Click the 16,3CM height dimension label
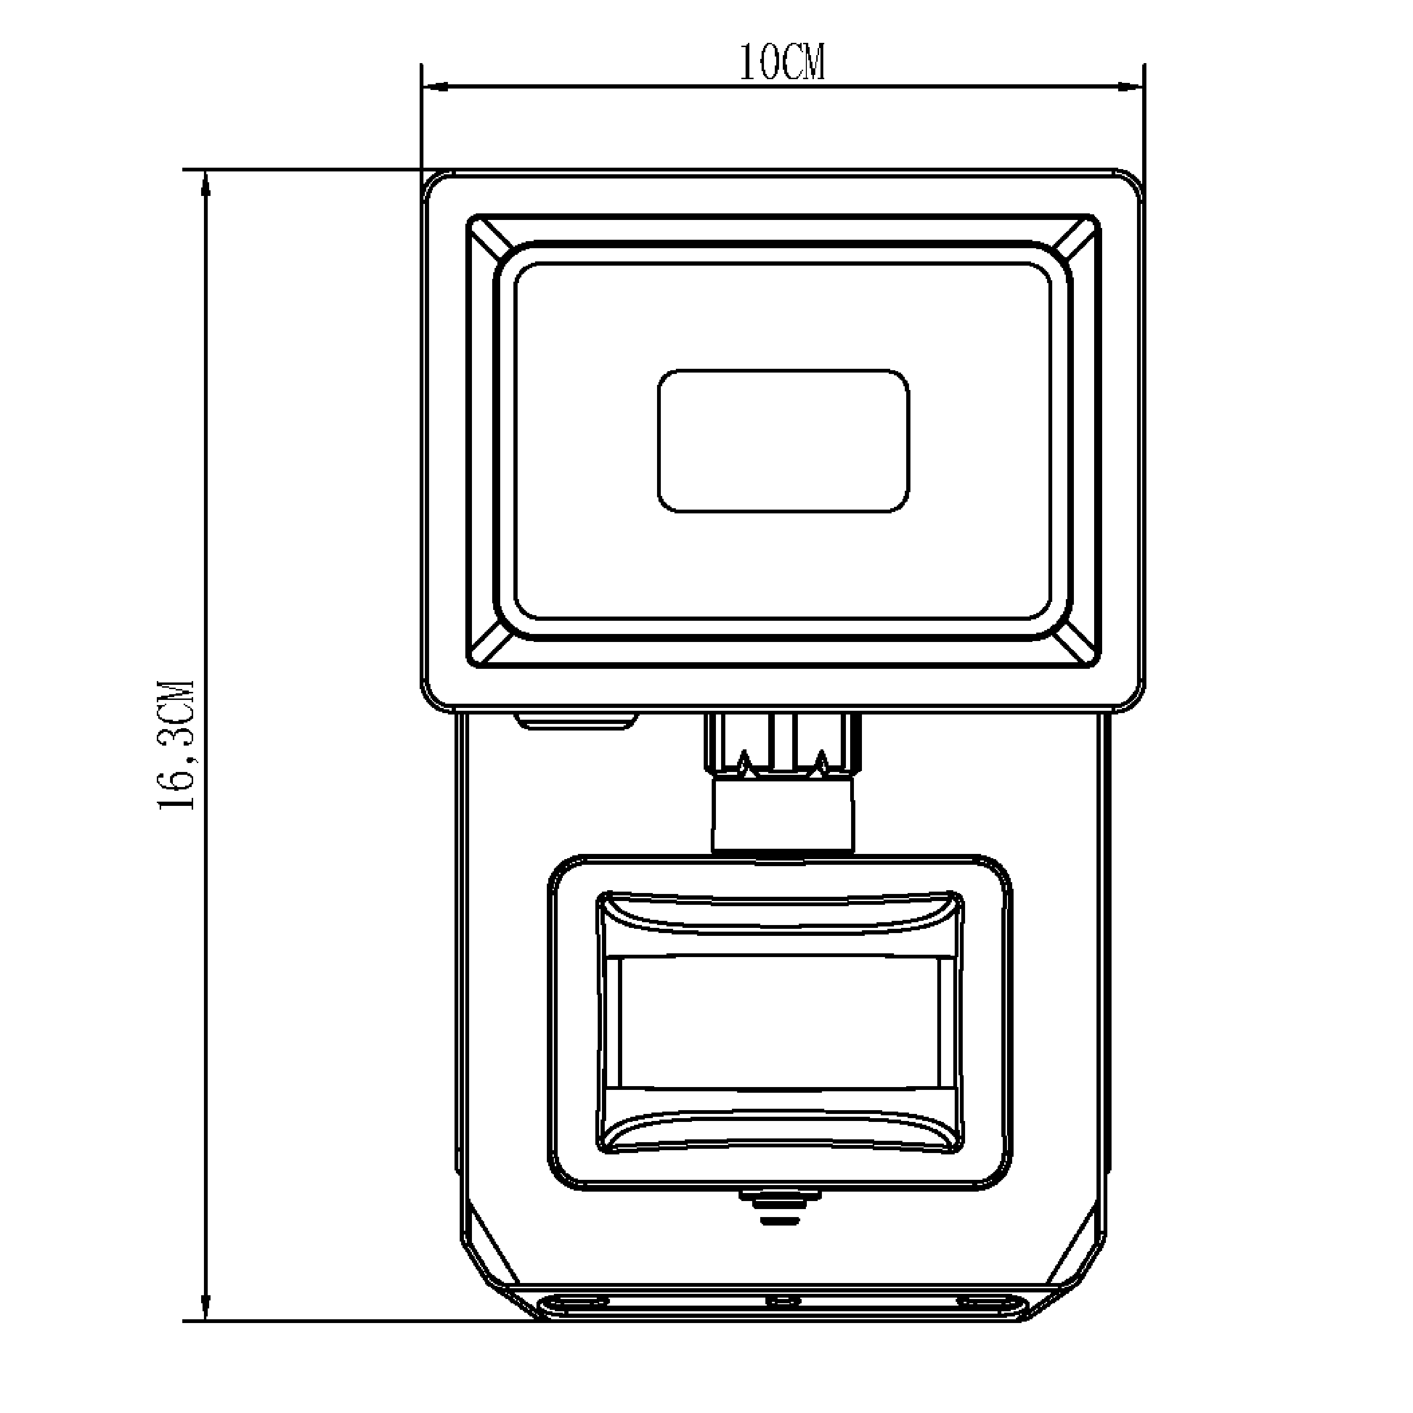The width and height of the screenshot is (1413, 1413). tap(176, 745)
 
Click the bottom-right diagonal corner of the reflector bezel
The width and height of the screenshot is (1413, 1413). tap(1078, 646)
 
